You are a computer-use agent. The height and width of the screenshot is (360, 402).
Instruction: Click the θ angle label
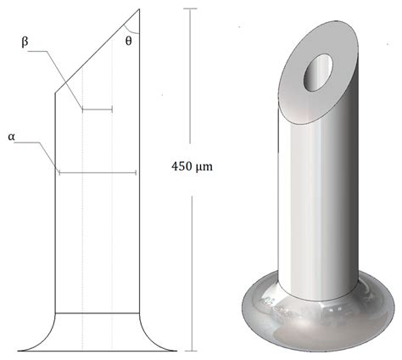tap(128, 40)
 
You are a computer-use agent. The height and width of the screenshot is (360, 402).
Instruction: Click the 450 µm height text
tap(191, 166)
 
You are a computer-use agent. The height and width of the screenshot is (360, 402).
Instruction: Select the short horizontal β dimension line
tap(97, 109)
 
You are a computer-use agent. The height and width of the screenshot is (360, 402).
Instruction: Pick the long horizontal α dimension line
tap(98, 173)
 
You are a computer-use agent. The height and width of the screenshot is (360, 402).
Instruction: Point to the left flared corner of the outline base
tap(19, 348)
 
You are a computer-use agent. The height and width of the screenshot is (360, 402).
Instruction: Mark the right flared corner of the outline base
tap(176, 348)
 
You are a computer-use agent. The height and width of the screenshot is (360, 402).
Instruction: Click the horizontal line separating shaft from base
tap(97, 313)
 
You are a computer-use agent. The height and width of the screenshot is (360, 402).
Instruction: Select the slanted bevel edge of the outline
tap(98, 50)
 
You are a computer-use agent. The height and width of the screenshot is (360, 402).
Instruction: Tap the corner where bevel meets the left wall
tap(55, 90)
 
